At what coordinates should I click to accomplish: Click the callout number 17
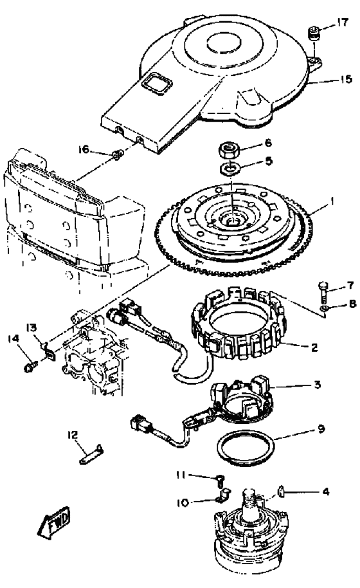point(343,23)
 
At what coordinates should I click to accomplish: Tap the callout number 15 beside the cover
point(346,79)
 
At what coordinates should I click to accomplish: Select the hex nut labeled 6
point(230,151)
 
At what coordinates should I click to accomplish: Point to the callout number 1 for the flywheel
point(331,202)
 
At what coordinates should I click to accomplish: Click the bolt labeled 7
point(323,291)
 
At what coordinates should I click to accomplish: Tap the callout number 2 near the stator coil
point(314,347)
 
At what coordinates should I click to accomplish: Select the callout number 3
point(317,384)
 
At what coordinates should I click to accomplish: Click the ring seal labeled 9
point(246,448)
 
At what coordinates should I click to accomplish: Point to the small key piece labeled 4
point(282,490)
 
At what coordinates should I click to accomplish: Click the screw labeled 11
point(221,479)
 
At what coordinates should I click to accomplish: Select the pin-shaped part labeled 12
point(91,454)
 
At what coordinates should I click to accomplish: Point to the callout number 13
point(32,328)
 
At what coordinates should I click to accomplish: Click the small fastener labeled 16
point(117,154)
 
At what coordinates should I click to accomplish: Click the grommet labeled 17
point(313,33)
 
